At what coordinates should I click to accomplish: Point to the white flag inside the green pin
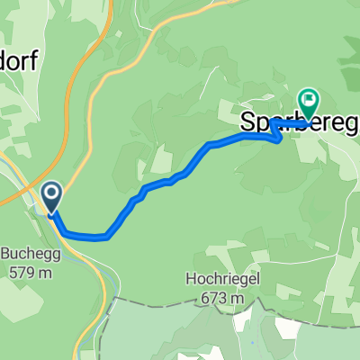pos(309,99)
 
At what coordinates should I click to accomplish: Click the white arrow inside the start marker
pos(50,193)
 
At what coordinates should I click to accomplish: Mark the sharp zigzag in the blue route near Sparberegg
pos(275,132)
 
